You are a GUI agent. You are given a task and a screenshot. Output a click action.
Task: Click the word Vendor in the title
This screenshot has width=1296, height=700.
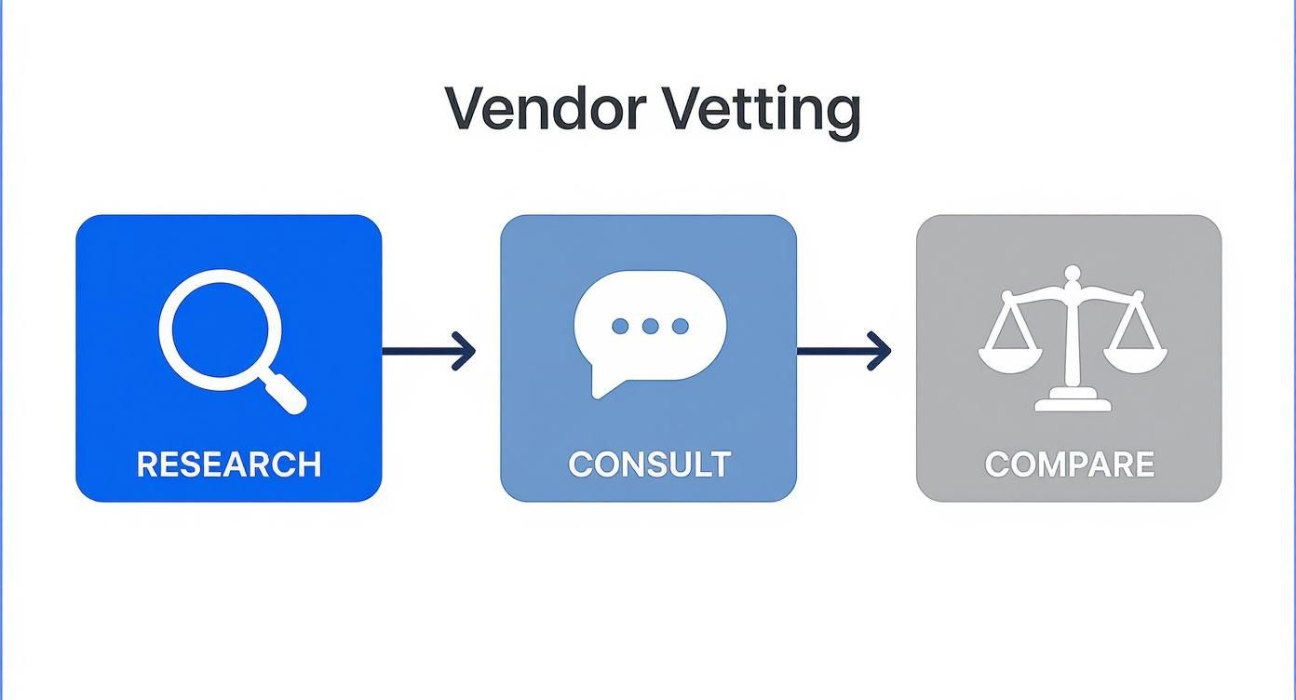coord(545,109)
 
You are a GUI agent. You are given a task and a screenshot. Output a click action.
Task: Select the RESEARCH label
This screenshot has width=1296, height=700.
coord(229,464)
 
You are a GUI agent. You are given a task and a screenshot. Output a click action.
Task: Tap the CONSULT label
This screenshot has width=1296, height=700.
coord(649,464)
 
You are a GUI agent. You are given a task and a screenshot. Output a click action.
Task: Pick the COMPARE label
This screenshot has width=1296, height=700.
coord(1069,464)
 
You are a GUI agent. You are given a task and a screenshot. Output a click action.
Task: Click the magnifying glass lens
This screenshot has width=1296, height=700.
coord(220,330)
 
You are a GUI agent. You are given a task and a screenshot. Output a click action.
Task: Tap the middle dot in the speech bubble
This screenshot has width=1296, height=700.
coord(650,326)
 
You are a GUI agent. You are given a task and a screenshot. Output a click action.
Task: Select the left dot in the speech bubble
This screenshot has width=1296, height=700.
coord(620,326)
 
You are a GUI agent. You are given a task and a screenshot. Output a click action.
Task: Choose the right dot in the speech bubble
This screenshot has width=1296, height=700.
coord(681,326)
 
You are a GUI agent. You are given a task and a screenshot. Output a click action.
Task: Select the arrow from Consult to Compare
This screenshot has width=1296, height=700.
coord(842,351)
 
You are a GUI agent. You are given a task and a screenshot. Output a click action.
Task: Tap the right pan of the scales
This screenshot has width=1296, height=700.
coord(1135,357)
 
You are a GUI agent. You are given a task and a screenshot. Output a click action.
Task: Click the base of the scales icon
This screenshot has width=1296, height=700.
coord(1073,402)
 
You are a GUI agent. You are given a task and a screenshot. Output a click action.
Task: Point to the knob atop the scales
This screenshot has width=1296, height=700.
coord(1073,273)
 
